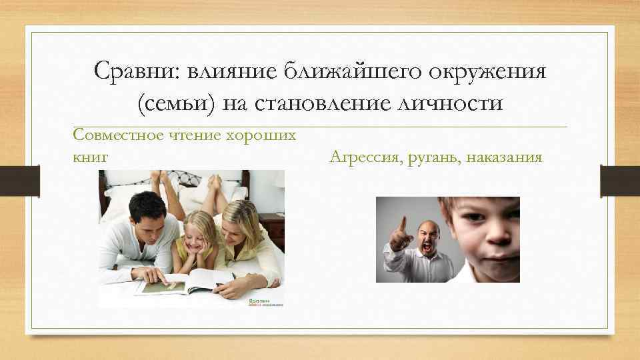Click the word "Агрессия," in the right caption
[365, 158]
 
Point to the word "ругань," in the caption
[433, 158]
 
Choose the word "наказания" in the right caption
[505, 158]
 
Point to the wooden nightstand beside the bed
[272, 231]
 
